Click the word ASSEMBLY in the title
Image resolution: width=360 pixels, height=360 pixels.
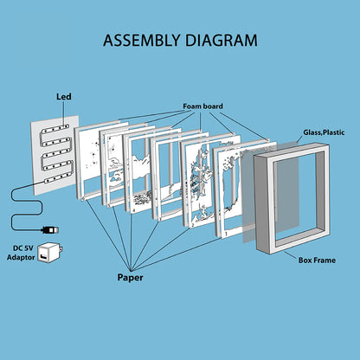point(142,40)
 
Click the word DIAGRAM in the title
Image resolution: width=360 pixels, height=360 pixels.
point(221,40)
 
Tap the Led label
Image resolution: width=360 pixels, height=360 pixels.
point(64,97)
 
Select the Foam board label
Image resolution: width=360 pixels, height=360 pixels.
point(202,106)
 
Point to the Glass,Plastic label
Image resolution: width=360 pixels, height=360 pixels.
point(324,132)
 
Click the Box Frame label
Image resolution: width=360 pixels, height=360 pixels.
point(317,260)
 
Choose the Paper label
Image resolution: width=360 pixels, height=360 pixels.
point(130,278)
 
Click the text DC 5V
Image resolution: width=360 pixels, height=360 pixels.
point(23,248)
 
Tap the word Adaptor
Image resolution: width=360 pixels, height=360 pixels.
point(21,257)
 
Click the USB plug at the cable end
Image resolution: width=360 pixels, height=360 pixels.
point(50,230)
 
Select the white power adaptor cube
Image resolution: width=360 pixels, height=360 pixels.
point(50,253)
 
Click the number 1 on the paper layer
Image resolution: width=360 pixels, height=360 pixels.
point(226,234)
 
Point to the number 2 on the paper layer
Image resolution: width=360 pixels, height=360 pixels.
point(192,225)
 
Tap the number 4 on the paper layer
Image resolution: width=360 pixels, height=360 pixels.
point(133,211)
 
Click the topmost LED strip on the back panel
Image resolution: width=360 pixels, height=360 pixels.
point(55,129)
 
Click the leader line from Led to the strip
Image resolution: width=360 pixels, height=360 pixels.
point(64,113)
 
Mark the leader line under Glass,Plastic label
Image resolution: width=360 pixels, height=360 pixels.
point(300,140)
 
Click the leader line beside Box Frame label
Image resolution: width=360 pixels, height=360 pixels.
point(290,254)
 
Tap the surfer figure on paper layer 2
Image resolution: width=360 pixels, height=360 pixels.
point(202,213)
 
